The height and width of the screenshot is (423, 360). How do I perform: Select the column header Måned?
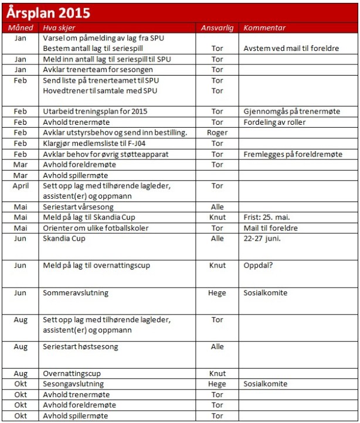tap(21, 28)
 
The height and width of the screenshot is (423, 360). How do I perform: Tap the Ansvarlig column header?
tap(217, 28)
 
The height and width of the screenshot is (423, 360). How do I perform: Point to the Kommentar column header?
tap(264, 28)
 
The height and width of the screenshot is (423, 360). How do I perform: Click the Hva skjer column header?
tap(59, 28)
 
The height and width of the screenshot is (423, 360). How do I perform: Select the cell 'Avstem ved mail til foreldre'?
tap(291, 48)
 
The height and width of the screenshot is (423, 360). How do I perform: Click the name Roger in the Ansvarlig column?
tap(217, 133)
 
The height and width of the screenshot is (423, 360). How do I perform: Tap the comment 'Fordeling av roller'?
tap(274, 122)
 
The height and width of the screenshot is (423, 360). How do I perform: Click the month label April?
tap(21, 186)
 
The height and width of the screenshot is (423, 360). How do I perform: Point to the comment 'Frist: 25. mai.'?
tap(268, 217)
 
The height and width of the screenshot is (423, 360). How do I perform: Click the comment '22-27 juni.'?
tap(262, 238)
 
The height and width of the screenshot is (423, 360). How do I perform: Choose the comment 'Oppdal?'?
tap(258, 265)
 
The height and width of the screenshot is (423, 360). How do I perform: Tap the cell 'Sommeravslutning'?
tap(76, 292)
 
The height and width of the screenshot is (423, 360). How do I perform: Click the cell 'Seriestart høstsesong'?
tap(81, 346)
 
